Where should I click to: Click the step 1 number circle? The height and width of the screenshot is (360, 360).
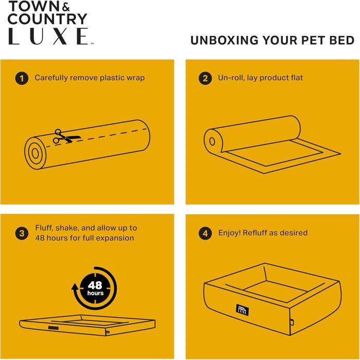tap(22, 79)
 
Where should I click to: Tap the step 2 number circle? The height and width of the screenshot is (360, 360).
tap(205, 79)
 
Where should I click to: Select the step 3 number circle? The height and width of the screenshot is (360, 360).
tap(22, 233)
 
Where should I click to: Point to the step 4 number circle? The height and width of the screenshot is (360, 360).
tap(205, 233)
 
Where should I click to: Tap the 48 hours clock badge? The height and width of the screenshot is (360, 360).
tap(95, 289)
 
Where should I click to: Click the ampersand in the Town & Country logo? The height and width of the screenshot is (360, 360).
tap(66, 7)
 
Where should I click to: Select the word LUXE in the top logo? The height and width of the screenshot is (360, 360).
tap(48, 37)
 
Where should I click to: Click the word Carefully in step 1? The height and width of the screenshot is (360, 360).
tap(51, 78)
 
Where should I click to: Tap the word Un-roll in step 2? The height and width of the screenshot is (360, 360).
tap(231, 78)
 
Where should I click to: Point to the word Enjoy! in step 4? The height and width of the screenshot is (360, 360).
tap(229, 233)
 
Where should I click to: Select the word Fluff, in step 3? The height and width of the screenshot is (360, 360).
tap(44, 228)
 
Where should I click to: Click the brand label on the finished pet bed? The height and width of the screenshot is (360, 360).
tap(242, 310)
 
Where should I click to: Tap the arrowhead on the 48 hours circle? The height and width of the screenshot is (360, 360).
tap(75, 287)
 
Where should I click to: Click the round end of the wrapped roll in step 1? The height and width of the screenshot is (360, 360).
tap(35, 153)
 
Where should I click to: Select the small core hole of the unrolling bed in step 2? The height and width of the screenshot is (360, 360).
tap(212, 141)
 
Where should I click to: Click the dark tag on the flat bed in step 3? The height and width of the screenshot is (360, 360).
tap(53, 328)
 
